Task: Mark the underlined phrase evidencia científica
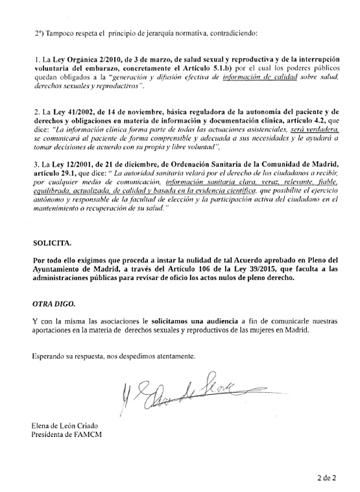[x=239, y=190]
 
